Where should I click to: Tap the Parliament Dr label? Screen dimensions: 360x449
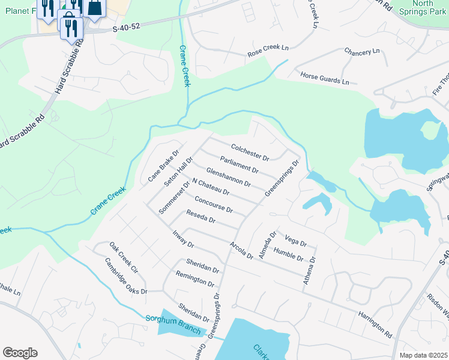tap(239, 164)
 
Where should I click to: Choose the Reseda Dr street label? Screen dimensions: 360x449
tap(200, 217)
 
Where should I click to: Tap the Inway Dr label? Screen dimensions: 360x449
tap(183, 239)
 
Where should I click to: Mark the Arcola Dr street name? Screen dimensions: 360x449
tap(241, 250)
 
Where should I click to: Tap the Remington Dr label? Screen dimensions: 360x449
tap(194, 278)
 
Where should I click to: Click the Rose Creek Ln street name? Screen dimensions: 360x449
tap(268, 54)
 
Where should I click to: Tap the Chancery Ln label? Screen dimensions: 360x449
tap(362, 52)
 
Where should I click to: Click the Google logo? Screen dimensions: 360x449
tap(20, 353)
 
